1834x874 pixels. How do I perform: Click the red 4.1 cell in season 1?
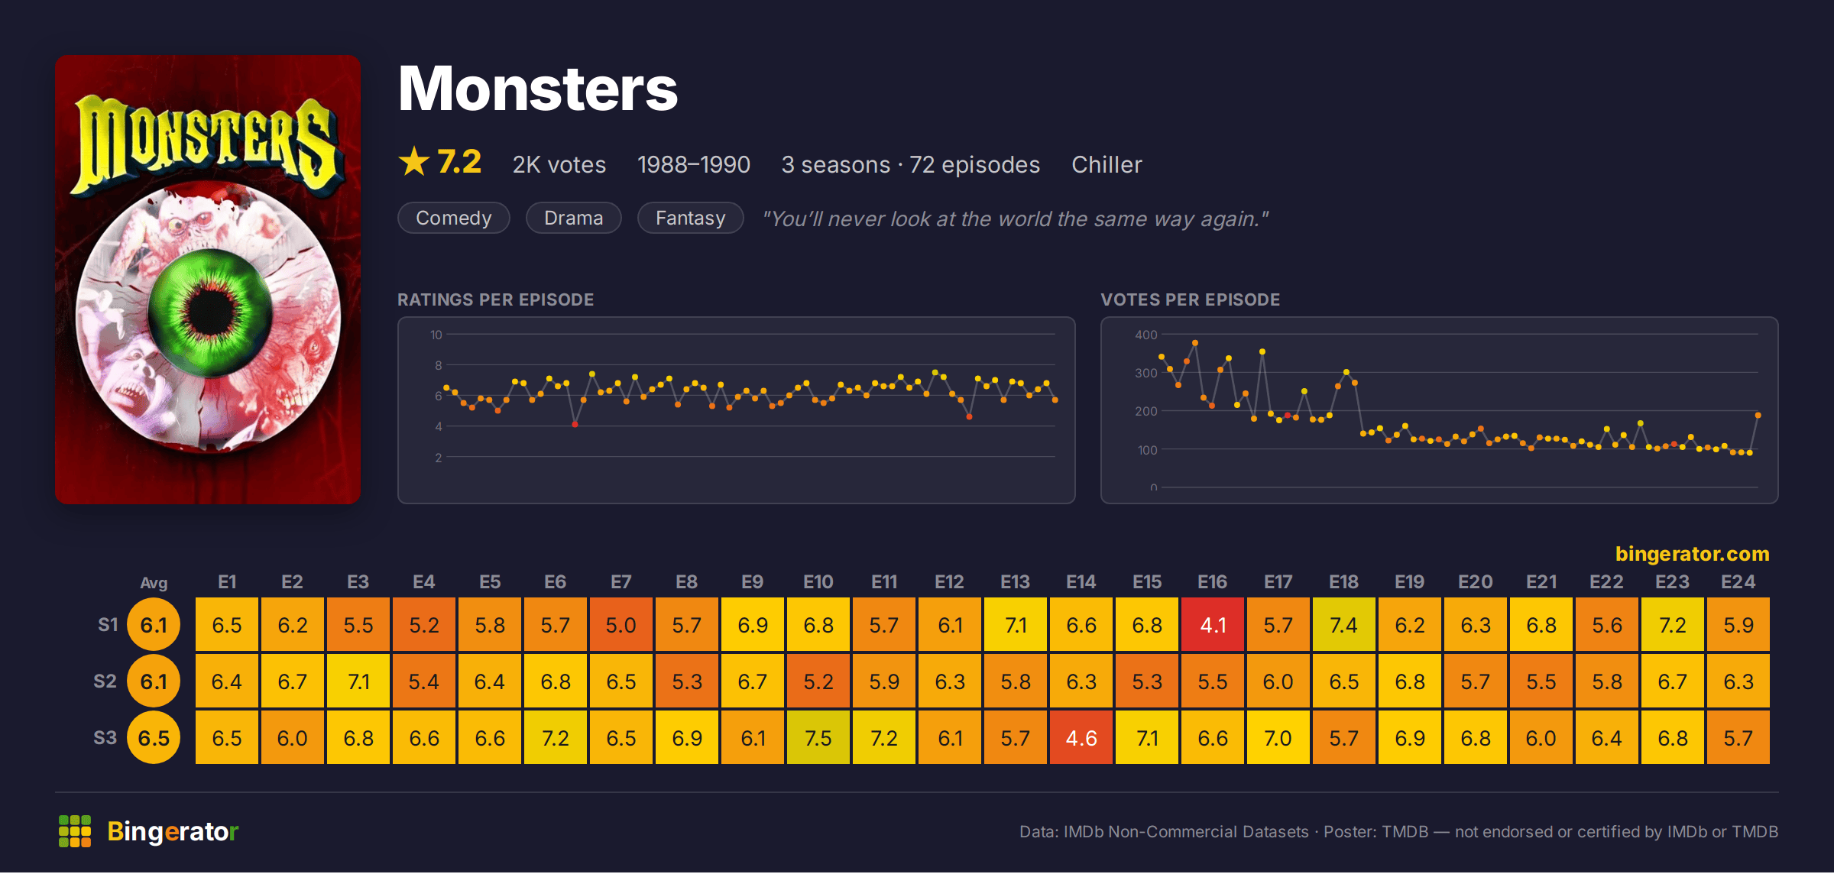[1213, 625]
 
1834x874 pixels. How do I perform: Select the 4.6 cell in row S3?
[1081, 738]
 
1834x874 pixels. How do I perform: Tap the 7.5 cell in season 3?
[818, 738]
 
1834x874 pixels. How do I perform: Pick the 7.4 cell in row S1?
[1344, 625]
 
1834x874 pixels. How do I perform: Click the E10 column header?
[818, 582]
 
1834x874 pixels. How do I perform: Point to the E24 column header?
[1738, 582]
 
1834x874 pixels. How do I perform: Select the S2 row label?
[105, 681]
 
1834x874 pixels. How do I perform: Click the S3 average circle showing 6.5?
[154, 738]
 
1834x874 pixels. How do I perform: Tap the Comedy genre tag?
[454, 218]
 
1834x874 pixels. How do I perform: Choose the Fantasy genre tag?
[691, 218]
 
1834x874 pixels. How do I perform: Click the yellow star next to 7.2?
[414, 161]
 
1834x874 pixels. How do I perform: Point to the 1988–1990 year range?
[694, 165]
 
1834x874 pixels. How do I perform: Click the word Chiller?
[1107, 165]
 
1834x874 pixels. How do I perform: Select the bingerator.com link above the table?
[1693, 554]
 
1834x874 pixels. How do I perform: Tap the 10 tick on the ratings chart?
[436, 335]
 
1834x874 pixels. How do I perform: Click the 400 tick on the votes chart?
[1146, 335]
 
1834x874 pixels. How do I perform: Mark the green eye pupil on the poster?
[210, 312]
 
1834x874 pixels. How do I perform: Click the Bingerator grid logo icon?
[75, 831]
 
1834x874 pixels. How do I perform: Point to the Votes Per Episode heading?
[1191, 299]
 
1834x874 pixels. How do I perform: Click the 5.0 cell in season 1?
[621, 625]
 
